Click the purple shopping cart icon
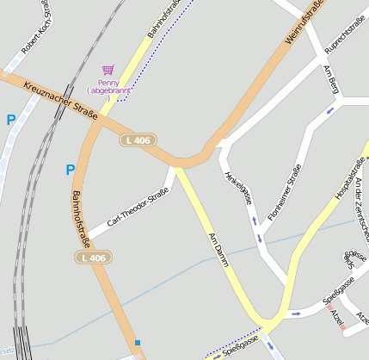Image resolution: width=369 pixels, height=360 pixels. click(108, 70)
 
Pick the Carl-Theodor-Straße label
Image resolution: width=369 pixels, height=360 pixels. click(138, 208)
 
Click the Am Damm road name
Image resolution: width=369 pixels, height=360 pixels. click(216, 250)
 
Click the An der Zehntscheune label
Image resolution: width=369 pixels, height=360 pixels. click(360, 207)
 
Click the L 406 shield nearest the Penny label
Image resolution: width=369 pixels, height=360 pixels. click(138, 140)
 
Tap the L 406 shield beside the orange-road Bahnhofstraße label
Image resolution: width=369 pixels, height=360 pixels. click(93, 258)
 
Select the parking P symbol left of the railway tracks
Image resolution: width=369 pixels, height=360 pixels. click(11, 121)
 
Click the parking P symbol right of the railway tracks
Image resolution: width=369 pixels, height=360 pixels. click(70, 171)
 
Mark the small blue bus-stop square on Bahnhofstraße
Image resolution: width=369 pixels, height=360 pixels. click(137, 343)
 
